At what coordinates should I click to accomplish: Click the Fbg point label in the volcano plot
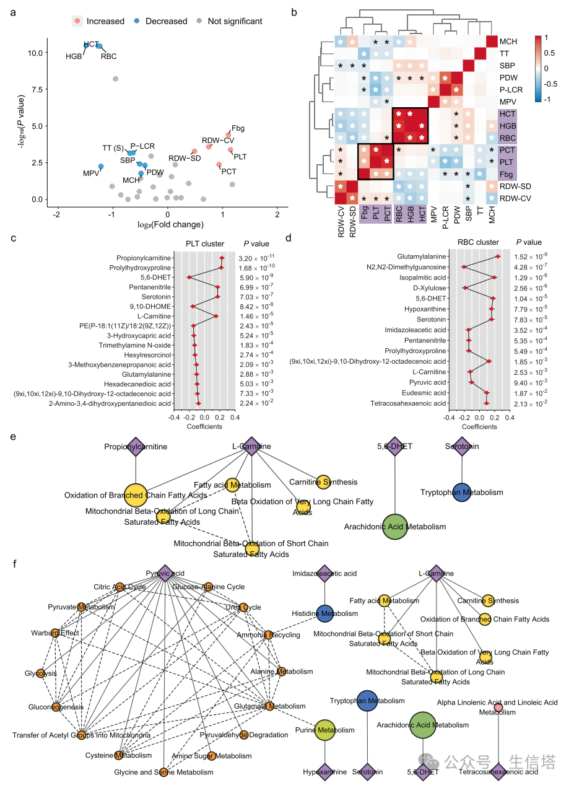[x=238, y=128]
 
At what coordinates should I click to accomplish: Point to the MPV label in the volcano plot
[x=91, y=173]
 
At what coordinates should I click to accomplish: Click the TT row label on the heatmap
[x=505, y=53]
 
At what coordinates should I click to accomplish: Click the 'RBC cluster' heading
[x=478, y=243]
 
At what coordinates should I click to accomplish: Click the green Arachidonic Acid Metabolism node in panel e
[x=395, y=526]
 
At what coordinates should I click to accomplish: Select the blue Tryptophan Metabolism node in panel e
[x=461, y=492]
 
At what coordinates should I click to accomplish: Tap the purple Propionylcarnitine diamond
[x=136, y=446]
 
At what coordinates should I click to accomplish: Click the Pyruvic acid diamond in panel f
[x=165, y=573]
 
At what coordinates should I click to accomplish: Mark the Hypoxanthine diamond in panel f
[x=325, y=772]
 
